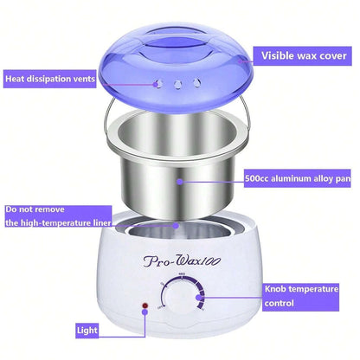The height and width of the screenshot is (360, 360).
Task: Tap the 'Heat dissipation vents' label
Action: tap(49, 78)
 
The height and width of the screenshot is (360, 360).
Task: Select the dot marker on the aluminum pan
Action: tap(179, 182)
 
